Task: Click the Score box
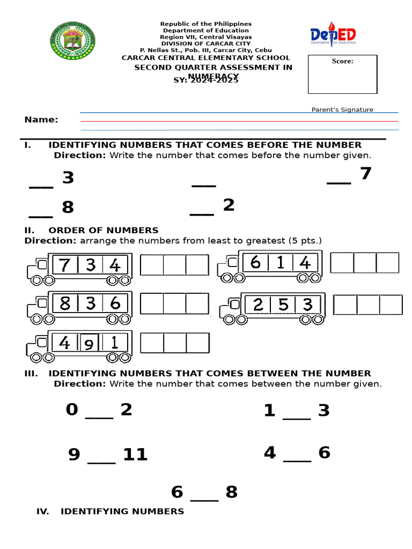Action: (342, 74)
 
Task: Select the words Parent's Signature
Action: (342, 109)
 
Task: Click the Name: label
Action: (41, 120)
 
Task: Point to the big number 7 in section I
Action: (366, 174)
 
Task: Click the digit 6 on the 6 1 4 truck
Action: (255, 263)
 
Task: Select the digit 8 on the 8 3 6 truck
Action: (65, 304)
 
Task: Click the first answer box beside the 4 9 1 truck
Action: (152, 343)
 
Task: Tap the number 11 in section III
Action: (135, 455)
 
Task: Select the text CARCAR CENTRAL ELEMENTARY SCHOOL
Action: (205, 57)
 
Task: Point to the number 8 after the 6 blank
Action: (231, 492)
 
